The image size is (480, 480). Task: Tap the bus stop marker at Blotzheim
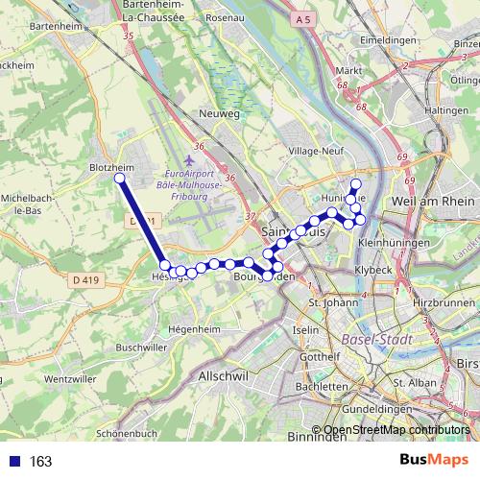point(119,179)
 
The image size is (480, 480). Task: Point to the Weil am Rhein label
point(433,201)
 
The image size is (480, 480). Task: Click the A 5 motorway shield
point(304,19)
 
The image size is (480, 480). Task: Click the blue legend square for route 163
point(14,462)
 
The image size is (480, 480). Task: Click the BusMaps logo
point(434,461)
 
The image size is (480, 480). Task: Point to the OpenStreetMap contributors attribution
point(396,429)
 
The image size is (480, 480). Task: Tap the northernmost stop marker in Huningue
point(356,184)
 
